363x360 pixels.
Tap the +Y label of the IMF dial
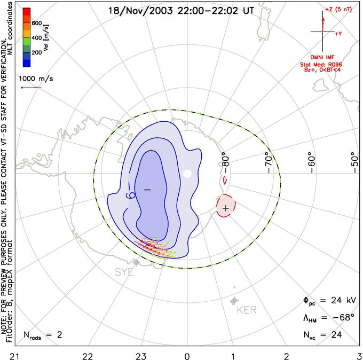(x=338, y=34)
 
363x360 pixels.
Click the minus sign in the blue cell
(x=147, y=190)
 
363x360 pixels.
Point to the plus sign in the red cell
(x=226, y=207)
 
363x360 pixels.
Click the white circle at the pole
(x=187, y=173)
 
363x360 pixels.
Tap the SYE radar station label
(x=124, y=272)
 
